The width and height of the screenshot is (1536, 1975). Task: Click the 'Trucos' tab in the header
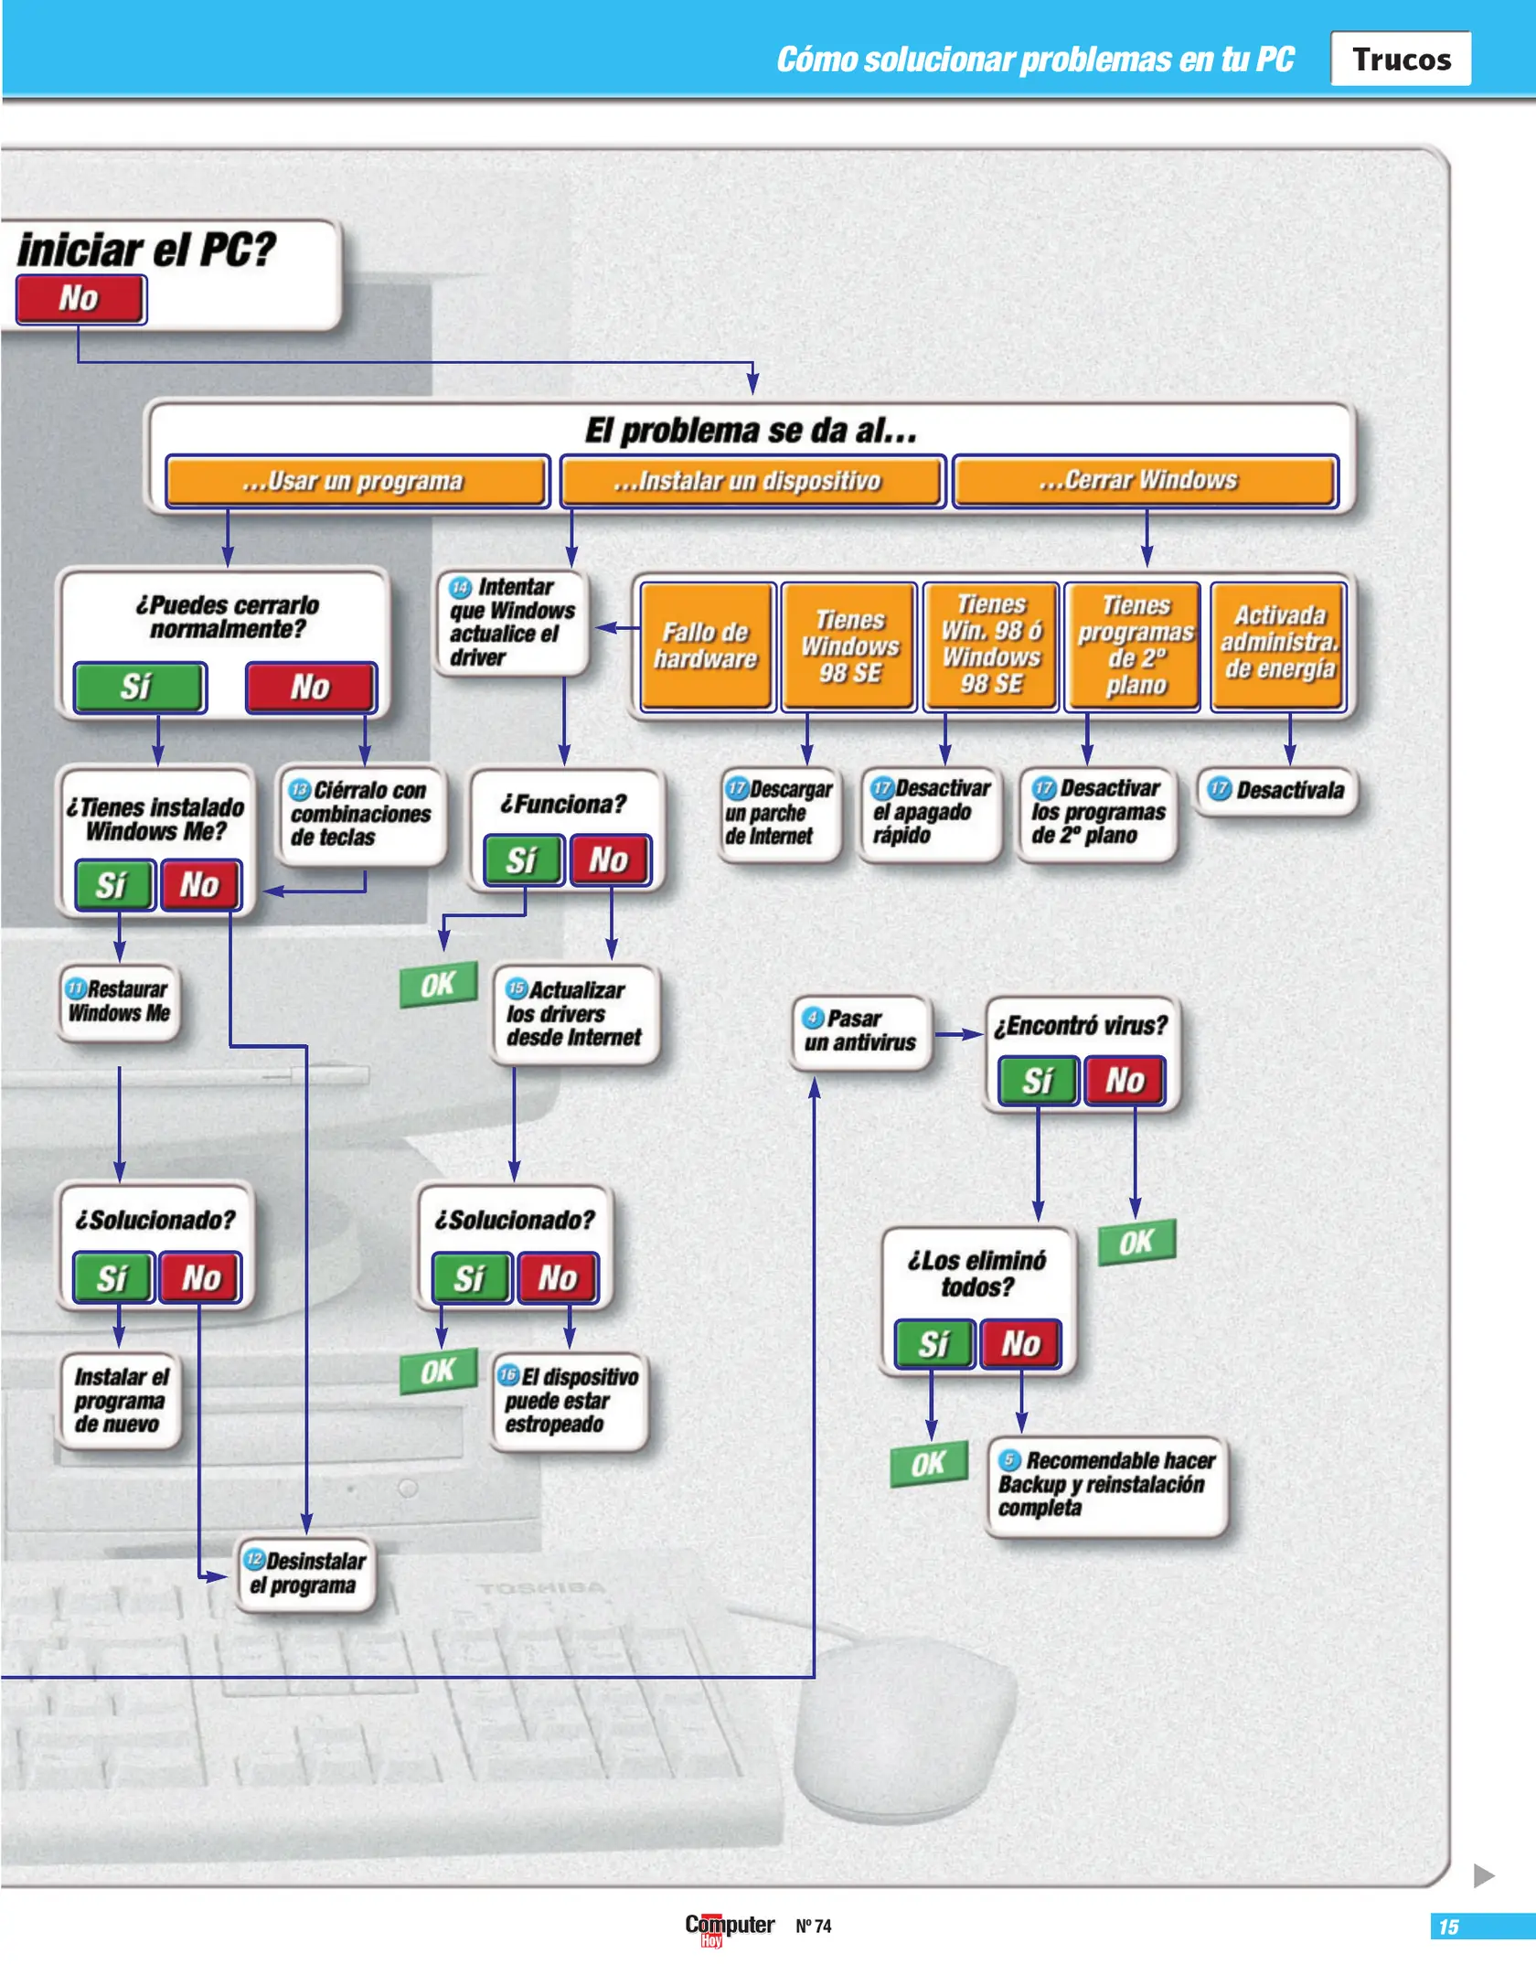point(1400,59)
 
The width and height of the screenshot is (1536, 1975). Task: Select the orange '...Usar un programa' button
point(357,481)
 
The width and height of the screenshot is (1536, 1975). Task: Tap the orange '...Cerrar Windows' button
point(1144,481)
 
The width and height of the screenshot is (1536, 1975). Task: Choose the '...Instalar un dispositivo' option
point(751,481)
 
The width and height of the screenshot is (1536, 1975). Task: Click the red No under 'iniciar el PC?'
point(80,299)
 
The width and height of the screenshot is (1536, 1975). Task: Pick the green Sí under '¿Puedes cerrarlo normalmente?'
point(139,687)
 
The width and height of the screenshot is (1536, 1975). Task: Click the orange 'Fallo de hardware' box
point(706,646)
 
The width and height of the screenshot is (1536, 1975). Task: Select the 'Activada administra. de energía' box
point(1278,644)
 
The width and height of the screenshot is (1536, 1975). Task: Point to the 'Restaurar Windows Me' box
point(119,1002)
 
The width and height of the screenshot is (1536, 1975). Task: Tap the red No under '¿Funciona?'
point(610,859)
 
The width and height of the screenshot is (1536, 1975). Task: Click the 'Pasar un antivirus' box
point(860,1031)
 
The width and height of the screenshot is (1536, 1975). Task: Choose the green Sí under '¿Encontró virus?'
point(1038,1081)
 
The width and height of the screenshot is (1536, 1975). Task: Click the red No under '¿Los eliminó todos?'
point(1020,1344)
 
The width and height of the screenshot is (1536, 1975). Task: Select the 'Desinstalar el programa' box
point(306,1573)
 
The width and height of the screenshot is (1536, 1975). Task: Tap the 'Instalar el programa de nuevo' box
point(120,1401)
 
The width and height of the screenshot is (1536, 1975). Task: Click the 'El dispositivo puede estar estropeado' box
point(569,1401)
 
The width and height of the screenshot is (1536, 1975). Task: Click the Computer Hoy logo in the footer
point(729,1927)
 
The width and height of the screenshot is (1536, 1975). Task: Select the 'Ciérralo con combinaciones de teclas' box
point(361,814)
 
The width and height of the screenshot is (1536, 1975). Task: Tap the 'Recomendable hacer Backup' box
point(1106,1485)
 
